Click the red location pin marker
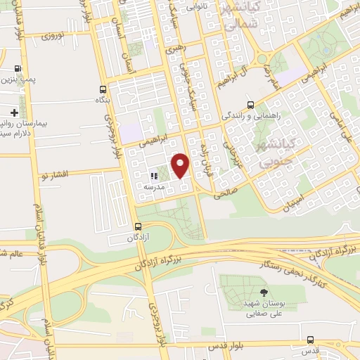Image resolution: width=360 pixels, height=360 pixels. tap(181, 166)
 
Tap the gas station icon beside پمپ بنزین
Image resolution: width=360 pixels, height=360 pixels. tap(18, 69)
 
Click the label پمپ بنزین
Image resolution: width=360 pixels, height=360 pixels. tap(18, 80)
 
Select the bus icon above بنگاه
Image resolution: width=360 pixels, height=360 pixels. tap(104, 89)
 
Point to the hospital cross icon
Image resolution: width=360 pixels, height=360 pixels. tap(13, 112)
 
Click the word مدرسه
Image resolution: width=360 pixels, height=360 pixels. tap(154, 187)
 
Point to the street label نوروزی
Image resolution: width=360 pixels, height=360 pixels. tap(53, 34)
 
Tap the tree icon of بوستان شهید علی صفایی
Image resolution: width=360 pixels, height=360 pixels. tap(263, 292)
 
